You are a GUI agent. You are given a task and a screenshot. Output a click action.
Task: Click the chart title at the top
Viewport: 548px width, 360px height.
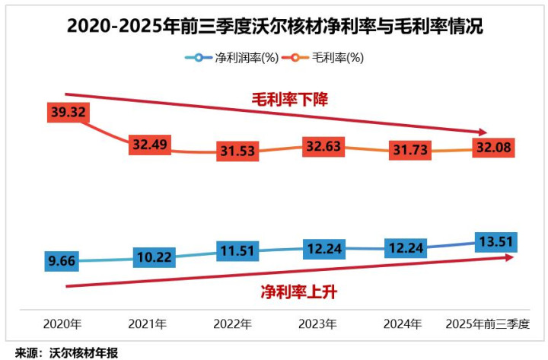[x=275, y=26]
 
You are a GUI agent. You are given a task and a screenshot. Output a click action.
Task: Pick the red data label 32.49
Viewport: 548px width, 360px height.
[x=150, y=144]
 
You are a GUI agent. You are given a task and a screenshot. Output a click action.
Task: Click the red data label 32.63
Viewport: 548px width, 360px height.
[x=322, y=143]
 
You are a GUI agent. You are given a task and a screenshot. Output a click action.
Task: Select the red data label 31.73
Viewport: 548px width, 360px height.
[x=409, y=148]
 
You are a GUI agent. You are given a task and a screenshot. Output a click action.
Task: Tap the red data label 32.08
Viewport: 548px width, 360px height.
[x=494, y=146]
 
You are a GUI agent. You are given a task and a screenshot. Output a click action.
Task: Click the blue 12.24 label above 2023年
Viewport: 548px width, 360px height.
[x=322, y=248]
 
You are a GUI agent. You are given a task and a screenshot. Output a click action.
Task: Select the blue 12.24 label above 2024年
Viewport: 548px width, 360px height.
[x=409, y=248]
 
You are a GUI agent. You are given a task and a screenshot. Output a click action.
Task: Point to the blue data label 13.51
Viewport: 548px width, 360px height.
[x=494, y=242]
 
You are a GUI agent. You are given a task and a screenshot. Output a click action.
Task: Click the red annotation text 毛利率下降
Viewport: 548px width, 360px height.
[x=290, y=99]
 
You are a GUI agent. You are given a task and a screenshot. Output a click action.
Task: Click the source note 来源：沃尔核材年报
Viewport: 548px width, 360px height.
[x=67, y=352]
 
